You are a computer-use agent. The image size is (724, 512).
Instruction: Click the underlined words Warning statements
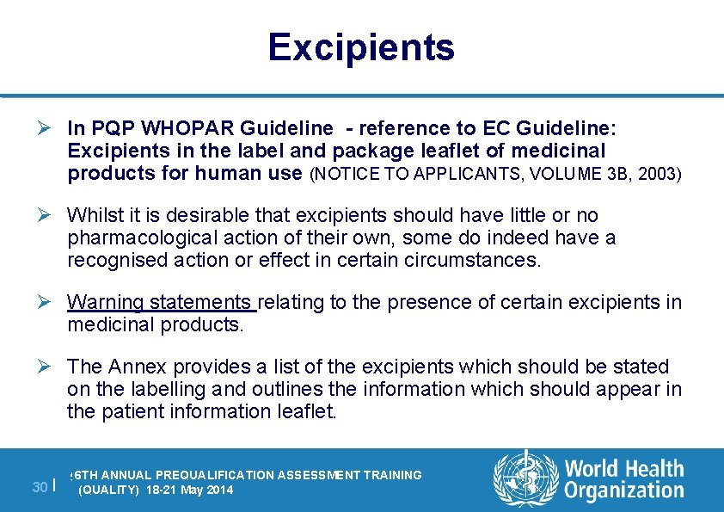(160, 302)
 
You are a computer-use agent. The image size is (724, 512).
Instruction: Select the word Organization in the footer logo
(624, 491)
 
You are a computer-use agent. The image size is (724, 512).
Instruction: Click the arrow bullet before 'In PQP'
(50, 128)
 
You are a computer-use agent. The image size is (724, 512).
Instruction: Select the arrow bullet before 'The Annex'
(50, 367)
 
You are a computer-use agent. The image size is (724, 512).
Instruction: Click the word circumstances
(478, 260)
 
